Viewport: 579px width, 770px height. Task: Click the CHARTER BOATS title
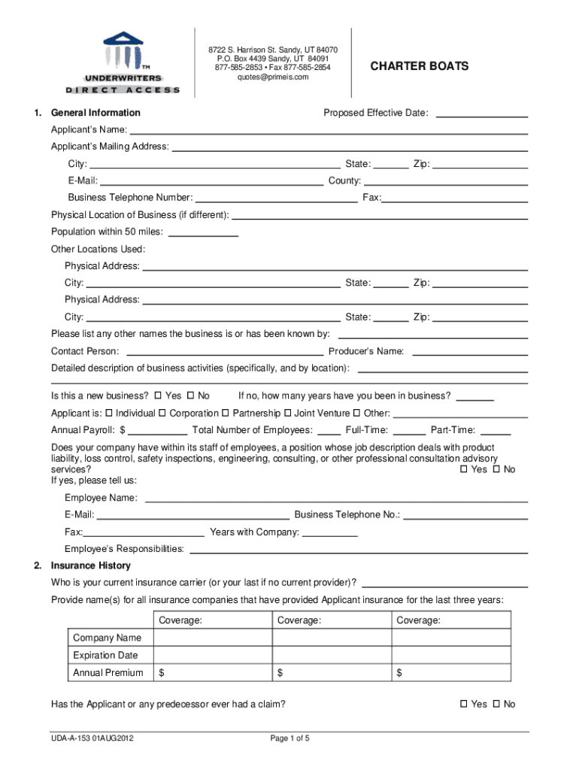[x=419, y=66]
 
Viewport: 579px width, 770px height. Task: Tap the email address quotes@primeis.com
[x=273, y=77]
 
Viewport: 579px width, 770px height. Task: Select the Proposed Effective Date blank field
[x=481, y=114]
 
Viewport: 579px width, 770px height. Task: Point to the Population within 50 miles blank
[x=203, y=232]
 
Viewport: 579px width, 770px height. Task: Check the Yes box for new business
[x=158, y=396]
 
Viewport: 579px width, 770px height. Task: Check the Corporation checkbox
[x=162, y=413]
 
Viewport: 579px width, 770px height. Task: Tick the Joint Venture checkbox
[x=287, y=413]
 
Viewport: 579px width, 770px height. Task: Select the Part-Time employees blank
[x=495, y=430]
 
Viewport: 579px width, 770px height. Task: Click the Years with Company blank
[x=329, y=532]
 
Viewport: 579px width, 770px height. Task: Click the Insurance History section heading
[x=90, y=565]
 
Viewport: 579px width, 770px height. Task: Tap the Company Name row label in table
[x=108, y=638]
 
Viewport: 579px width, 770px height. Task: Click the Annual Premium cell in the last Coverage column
[x=451, y=672]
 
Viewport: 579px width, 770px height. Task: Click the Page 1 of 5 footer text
[x=289, y=738]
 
